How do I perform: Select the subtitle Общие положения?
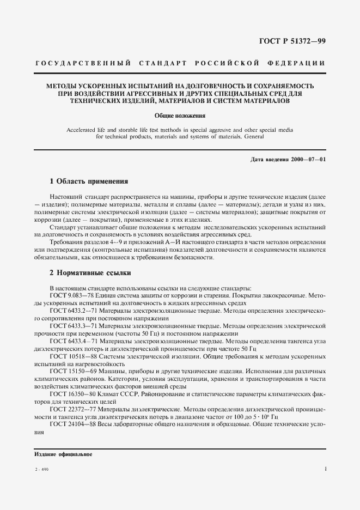pos(180,116)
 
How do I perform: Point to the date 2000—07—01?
pos(308,159)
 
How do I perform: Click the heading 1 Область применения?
pos(89,181)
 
